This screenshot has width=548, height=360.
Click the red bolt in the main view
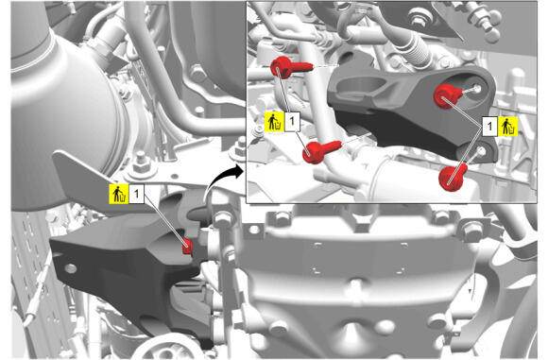187,247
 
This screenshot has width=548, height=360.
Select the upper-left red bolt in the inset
289,67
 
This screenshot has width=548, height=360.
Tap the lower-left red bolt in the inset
319,151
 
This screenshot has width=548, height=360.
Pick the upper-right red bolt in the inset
448,95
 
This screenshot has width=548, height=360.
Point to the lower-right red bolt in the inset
453,178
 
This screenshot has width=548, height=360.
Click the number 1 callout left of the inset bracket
292,122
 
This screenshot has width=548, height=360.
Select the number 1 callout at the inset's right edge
490,127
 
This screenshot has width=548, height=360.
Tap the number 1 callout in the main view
137,194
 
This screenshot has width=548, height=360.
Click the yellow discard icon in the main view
119,194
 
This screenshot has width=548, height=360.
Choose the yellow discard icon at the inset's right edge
507,127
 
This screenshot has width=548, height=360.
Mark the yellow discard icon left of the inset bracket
275,122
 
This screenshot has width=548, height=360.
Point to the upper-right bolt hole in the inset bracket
477,88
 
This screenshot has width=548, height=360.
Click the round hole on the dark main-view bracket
71,268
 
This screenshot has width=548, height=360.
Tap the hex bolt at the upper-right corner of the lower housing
470,230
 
